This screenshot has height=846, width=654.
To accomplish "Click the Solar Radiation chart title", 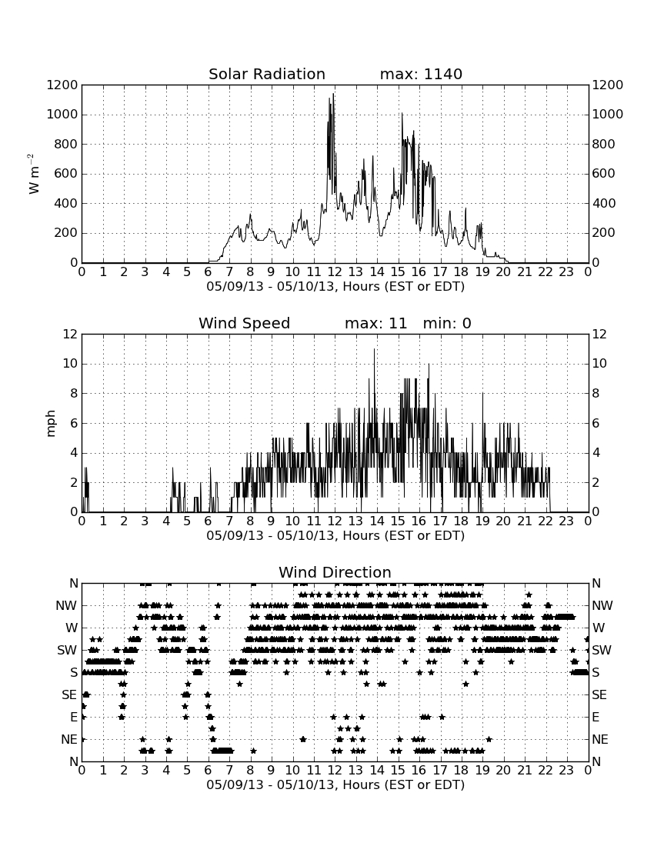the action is [x=266, y=74].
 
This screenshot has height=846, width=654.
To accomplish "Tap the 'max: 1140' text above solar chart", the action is [x=421, y=74].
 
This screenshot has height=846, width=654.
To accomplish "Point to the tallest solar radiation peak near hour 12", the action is [x=333, y=95].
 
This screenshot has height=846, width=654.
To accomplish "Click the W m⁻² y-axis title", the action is [x=33, y=174].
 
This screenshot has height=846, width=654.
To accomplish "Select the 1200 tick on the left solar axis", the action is [x=62, y=85].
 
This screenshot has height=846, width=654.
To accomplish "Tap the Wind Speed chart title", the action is [x=244, y=323].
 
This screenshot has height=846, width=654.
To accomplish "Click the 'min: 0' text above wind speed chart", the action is [x=447, y=323].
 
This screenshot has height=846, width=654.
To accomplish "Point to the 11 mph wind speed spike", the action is [x=374, y=350].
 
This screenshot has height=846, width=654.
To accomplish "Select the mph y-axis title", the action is [x=50, y=423].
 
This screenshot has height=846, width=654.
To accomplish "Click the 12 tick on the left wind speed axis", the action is [x=71, y=334].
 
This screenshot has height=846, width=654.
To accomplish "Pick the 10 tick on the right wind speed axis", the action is [x=599, y=364].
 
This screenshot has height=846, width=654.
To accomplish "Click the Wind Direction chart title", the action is [x=335, y=572].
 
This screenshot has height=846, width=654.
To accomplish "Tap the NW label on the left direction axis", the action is [x=66, y=606].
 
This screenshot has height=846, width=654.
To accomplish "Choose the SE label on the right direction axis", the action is [x=599, y=695].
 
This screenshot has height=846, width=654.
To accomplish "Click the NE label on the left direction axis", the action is [x=69, y=740].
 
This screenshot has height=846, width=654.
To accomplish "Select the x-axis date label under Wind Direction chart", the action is [x=335, y=784].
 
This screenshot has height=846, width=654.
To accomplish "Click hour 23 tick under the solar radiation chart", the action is [x=566, y=272].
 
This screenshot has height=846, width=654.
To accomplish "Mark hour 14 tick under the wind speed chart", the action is [x=377, y=521].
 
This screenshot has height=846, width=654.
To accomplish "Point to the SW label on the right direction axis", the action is [x=602, y=650].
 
